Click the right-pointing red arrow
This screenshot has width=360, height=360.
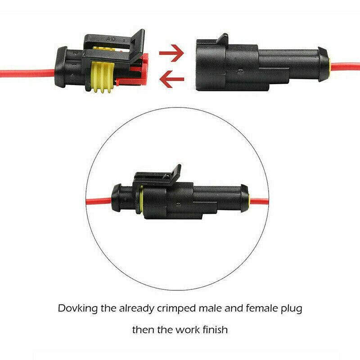[172, 53]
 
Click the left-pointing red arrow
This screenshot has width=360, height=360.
[172, 79]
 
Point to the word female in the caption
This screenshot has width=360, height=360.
[261, 308]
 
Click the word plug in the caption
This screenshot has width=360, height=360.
[292, 309]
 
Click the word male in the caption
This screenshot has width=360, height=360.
[210, 308]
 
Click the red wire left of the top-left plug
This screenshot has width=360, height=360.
[27, 73]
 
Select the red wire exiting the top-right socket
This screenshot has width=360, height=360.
[345, 67]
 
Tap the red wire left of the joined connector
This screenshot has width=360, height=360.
[99, 201]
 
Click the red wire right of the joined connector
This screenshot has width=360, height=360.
[259, 201]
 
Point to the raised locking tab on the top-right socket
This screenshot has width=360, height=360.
[221, 39]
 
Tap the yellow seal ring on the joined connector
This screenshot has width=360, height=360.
[141, 199]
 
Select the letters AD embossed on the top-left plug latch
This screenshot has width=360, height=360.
[111, 39]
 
